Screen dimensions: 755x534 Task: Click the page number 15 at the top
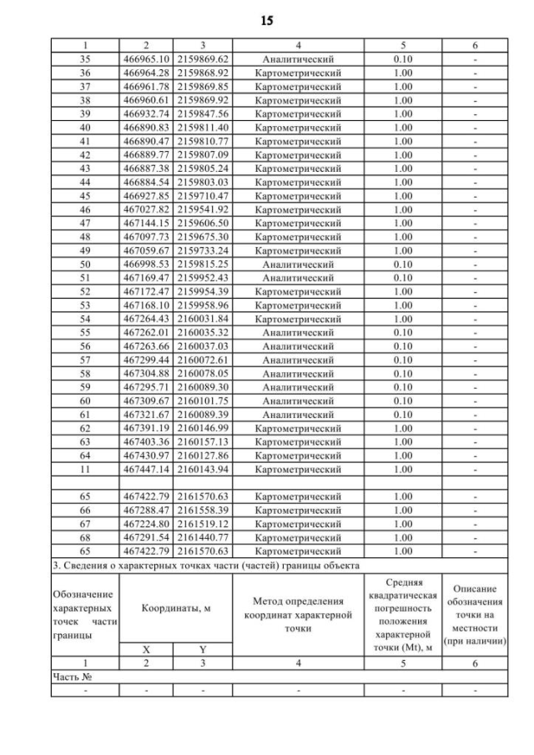click(x=267, y=18)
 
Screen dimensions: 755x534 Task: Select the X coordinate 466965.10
click(x=147, y=60)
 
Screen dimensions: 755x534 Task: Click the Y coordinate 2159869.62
click(x=204, y=60)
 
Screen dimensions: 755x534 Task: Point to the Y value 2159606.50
click(x=204, y=224)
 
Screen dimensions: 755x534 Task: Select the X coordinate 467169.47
click(x=147, y=278)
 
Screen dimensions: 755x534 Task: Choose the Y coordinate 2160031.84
click(x=204, y=319)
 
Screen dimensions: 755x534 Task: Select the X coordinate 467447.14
click(x=147, y=469)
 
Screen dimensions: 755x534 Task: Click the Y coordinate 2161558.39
click(x=204, y=510)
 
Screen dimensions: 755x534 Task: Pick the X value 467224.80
click(x=147, y=523)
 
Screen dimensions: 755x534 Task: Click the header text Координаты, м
click(x=175, y=609)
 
